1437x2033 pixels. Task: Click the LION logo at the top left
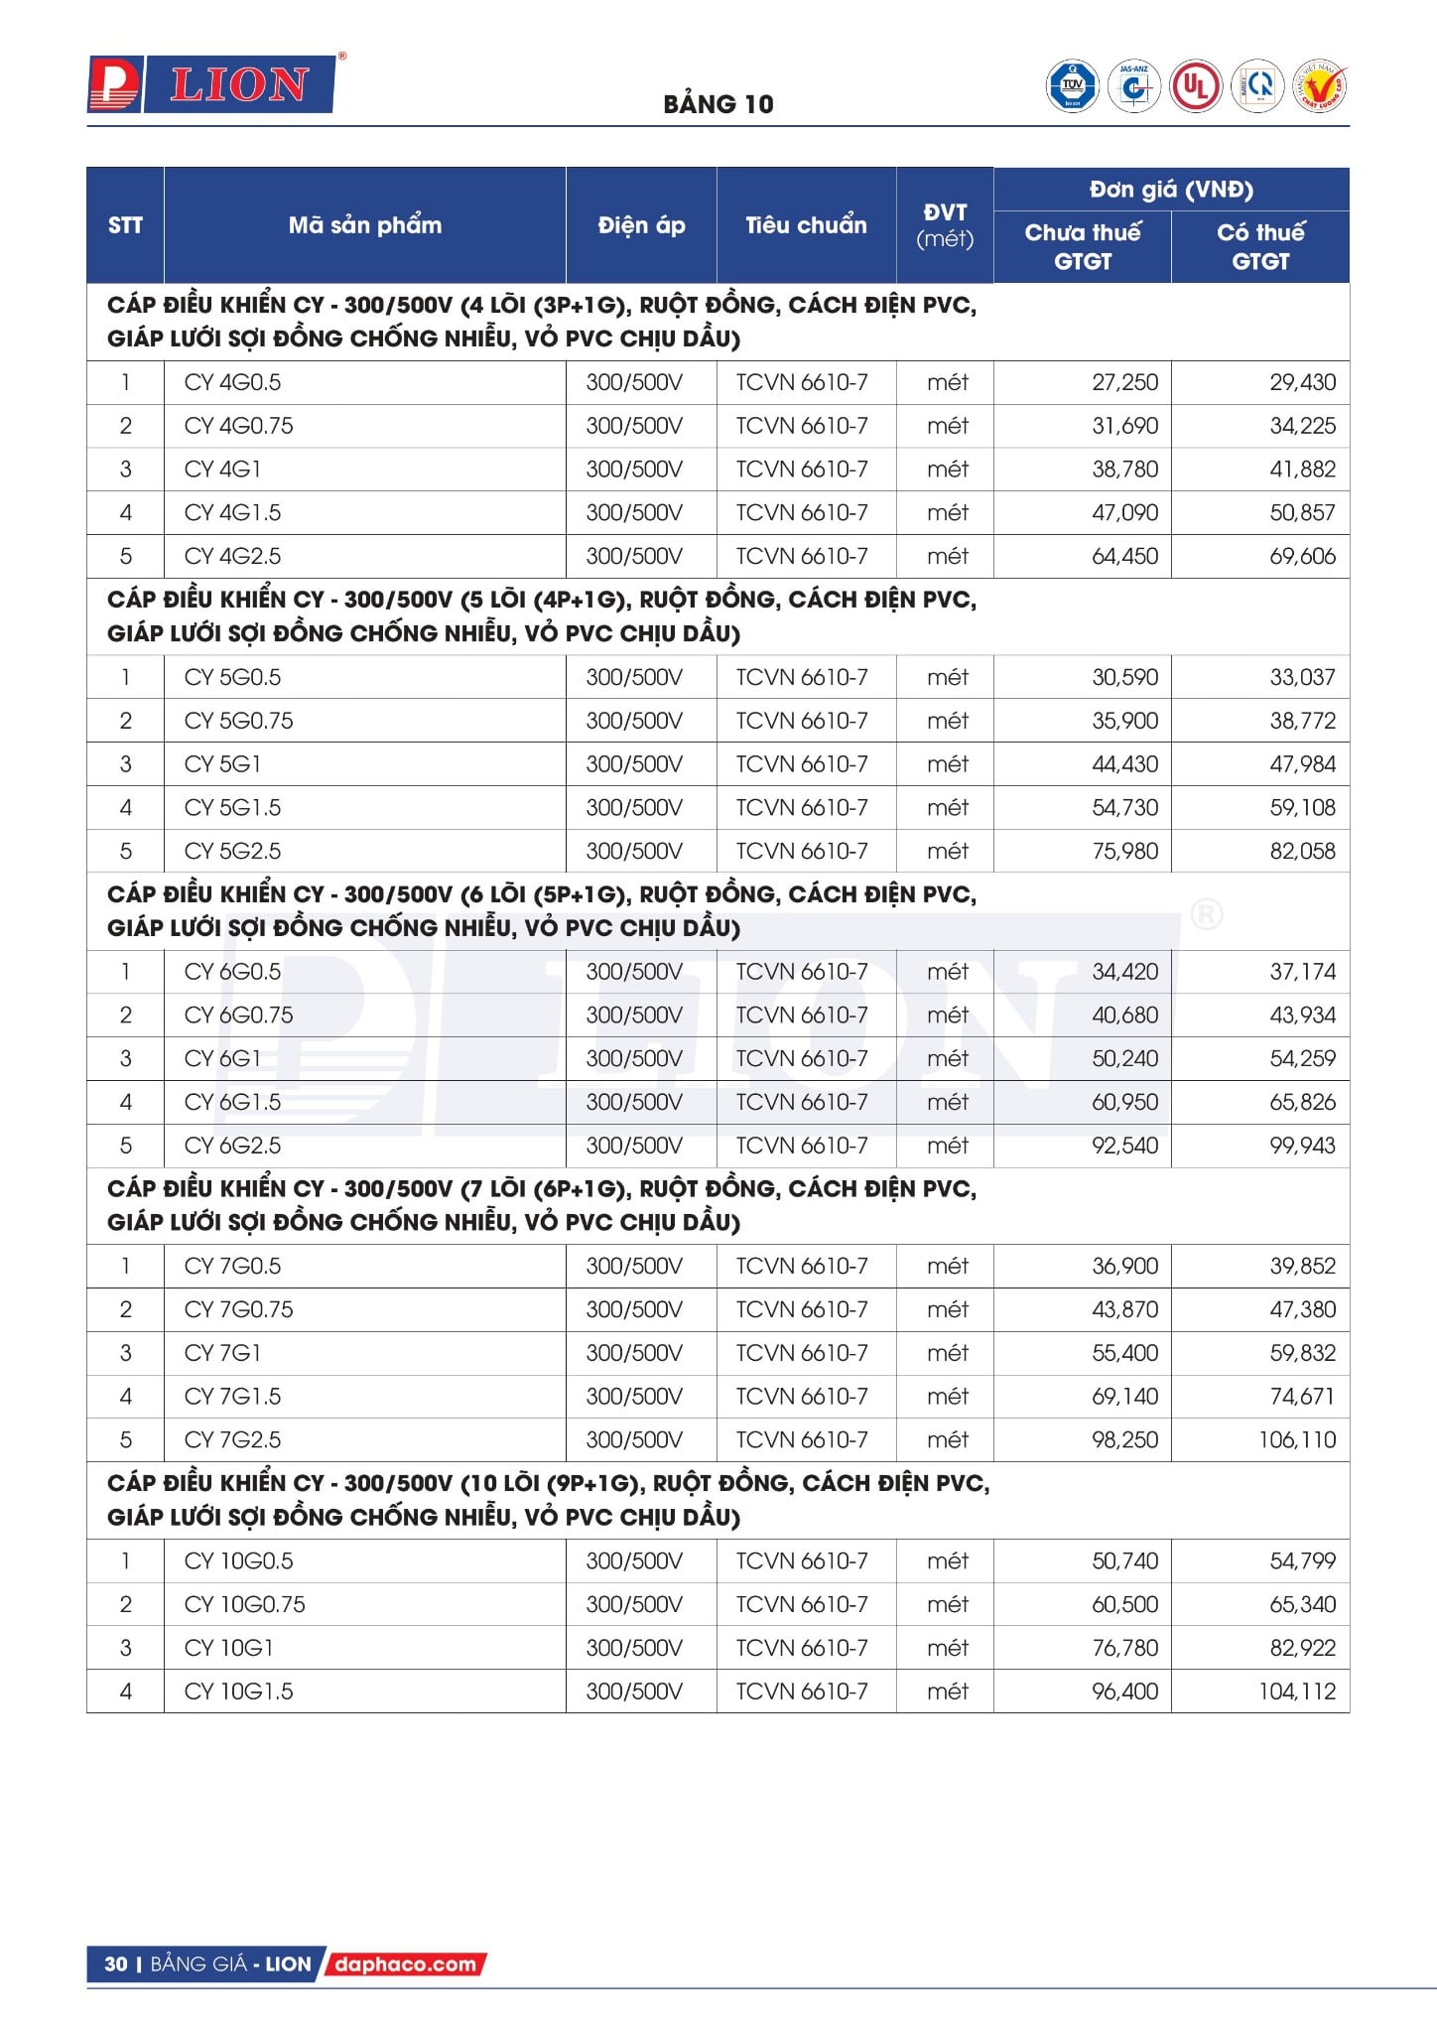coord(212,84)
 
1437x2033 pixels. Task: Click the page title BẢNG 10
coord(718,104)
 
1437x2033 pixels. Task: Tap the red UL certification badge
coord(1195,86)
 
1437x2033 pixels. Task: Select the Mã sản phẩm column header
coord(364,225)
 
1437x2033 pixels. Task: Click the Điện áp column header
coord(641,225)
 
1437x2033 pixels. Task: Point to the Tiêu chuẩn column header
coord(806,225)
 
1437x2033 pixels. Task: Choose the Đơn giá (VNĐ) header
coord(1171,190)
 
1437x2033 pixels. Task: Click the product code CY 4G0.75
coord(238,426)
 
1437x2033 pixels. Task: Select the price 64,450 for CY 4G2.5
coord(1124,556)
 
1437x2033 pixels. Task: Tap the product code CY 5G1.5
coord(232,807)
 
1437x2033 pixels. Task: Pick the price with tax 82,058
coord(1302,851)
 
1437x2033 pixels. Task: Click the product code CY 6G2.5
coord(232,1146)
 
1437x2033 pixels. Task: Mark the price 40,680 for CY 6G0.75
coord(1124,1015)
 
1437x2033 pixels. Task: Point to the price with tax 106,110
coord(1297,1439)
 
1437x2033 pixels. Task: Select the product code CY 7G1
coord(222,1352)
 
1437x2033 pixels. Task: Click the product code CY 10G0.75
coord(244,1604)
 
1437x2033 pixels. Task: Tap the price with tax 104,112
coord(1297,1692)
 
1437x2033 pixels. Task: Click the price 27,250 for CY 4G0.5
coord(1124,382)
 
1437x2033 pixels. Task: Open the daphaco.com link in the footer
coord(405,1964)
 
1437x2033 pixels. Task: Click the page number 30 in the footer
coord(116,1964)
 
